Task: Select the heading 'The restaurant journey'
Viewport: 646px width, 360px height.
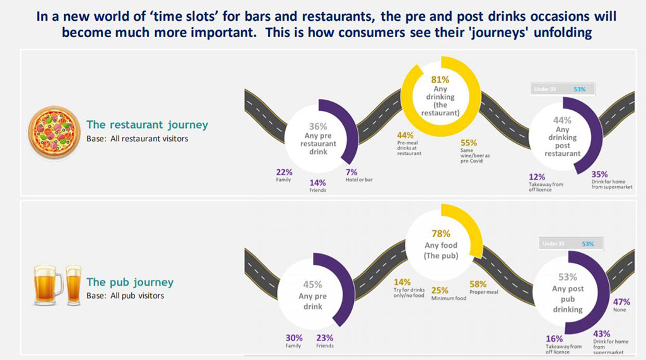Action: click(146, 125)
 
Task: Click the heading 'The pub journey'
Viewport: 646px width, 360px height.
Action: click(129, 282)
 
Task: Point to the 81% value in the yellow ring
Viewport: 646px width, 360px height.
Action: click(440, 80)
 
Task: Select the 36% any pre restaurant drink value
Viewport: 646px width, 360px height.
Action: click(318, 126)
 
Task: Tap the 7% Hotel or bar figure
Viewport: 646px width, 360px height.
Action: click(352, 172)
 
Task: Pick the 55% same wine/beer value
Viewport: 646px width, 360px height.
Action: click(469, 143)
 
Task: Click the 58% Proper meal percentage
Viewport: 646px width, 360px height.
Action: click(478, 284)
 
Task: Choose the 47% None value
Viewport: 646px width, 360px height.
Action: click(621, 302)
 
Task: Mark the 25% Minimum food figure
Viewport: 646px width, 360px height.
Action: click(439, 290)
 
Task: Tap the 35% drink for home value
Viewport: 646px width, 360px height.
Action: click(600, 175)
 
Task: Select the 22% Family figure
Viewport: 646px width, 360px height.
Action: click(284, 172)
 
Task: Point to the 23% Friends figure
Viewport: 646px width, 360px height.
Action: click(325, 337)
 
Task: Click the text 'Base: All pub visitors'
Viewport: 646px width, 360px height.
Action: click(125, 296)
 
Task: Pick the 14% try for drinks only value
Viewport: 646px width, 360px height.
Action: click(402, 282)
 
